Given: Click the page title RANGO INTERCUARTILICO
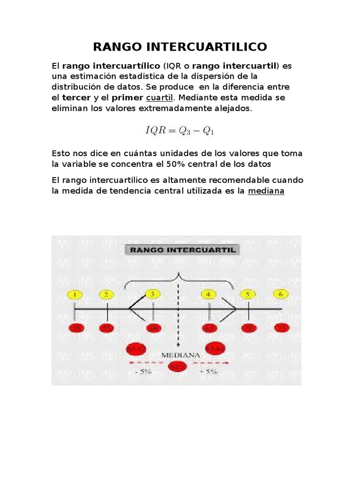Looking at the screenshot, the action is tap(180, 47).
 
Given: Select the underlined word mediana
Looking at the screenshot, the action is tap(266, 191).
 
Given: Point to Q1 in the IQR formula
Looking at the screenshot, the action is tap(208, 131).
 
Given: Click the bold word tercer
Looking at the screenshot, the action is tap(76, 98).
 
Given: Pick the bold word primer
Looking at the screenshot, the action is tap(127, 98).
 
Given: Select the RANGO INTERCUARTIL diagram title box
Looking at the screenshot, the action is tap(183, 250).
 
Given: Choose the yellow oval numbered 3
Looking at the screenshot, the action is tap(152, 294).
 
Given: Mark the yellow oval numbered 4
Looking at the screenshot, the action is tap(209, 294).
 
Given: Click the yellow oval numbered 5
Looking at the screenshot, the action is tap(248, 295).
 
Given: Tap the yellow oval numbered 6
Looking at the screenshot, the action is tap(281, 294).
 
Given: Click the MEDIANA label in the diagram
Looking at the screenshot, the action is tap(178, 355).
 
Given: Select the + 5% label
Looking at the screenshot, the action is tap(208, 371).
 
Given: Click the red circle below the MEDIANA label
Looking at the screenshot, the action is tap(178, 366).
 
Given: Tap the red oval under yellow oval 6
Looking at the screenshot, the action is tap(282, 328).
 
